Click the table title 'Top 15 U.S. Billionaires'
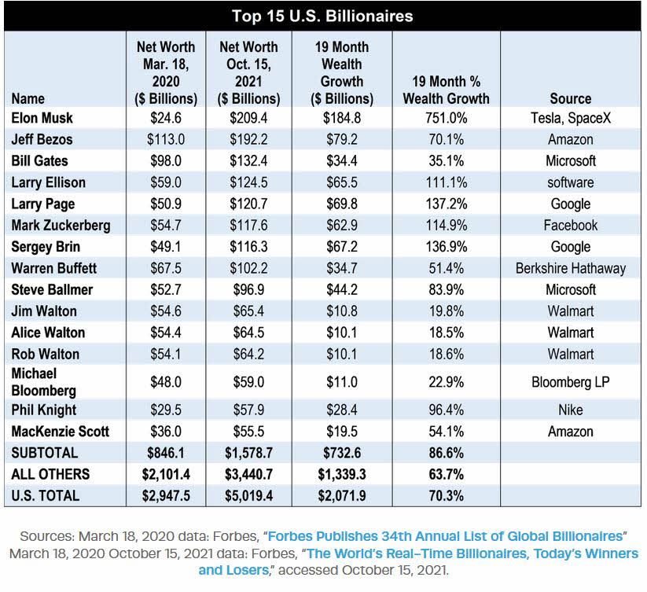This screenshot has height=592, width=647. [322, 17]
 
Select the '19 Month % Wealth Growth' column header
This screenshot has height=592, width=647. [446, 90]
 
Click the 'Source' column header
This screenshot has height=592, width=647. [570, 98]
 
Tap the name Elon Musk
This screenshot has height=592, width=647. [42, 118]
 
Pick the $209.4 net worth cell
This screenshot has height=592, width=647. [249, 118]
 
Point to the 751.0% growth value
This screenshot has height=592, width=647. [446, 118]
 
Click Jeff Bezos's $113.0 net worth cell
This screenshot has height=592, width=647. [167, 139]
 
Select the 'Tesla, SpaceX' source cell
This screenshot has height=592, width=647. [570, 118]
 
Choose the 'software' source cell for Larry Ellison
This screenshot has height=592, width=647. [570, 182]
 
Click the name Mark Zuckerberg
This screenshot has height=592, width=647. [61, 225]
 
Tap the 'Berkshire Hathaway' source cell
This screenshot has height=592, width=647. [570, 268]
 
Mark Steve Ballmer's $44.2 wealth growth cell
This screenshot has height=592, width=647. [342, 289]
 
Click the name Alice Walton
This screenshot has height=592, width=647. [48, 333]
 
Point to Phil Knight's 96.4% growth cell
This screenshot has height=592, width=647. [446, 410]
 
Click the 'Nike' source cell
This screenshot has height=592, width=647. [570, 410]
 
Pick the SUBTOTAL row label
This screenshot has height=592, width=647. [45, 453]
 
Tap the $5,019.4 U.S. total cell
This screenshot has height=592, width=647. [249, 496]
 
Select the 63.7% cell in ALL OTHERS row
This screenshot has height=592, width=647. [446, 474]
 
